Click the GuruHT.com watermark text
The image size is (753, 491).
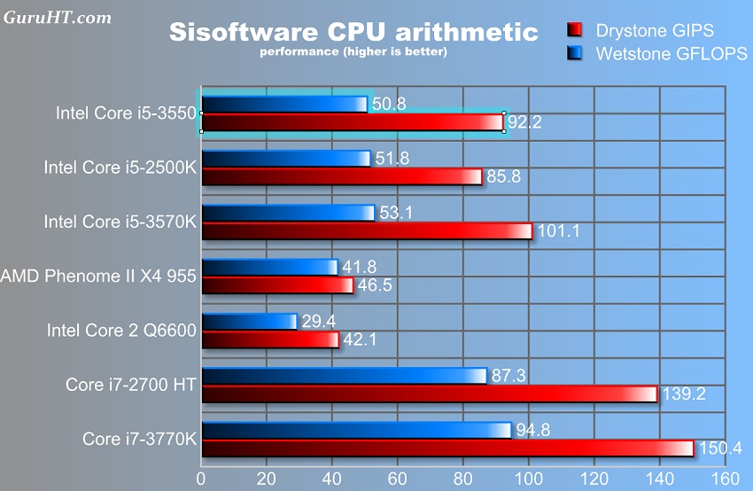coord(58,17)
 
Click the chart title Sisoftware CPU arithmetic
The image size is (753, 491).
coord(353,33)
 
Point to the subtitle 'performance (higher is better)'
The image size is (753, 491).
coord(353,52)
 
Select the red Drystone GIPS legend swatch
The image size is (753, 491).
coord(575,32)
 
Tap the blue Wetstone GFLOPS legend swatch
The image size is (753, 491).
coord(575,54)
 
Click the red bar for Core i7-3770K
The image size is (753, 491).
coord(447,448)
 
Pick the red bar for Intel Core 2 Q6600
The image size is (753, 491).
coord(270,339)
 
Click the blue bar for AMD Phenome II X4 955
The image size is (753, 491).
coord(270,267)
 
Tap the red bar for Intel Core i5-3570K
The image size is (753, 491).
coord(367,231)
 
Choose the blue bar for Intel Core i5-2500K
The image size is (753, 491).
coord(286,159)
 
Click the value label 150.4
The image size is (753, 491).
coord(721,448)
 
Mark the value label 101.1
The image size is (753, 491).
coord(559,231)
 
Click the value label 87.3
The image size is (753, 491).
coord(508,376)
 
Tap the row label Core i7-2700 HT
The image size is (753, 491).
coord(130,385)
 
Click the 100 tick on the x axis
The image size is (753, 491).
coord(528,478)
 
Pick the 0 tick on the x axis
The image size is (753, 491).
coord(202,478)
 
